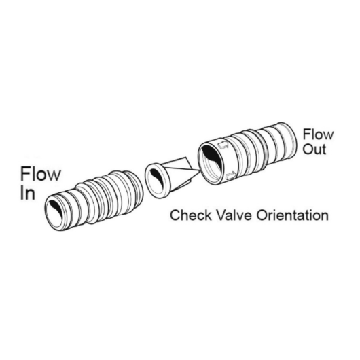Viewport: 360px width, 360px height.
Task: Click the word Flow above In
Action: coord(41,174)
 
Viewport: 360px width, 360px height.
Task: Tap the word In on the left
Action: coord(28,193)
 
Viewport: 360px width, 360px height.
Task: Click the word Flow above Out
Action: coord(318,134)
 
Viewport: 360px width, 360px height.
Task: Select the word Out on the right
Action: coord(314,149)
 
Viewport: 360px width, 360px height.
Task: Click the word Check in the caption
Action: coord(191,215)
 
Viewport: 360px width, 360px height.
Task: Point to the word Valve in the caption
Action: coord(234,215)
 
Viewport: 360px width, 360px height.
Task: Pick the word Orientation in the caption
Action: coord(293,215)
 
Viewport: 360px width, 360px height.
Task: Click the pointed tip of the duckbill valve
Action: coord(199,170)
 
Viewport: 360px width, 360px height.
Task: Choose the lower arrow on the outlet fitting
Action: coord(230,176)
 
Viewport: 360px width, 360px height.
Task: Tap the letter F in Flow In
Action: coord(24,174)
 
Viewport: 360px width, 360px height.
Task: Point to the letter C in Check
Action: coord(175,215)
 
